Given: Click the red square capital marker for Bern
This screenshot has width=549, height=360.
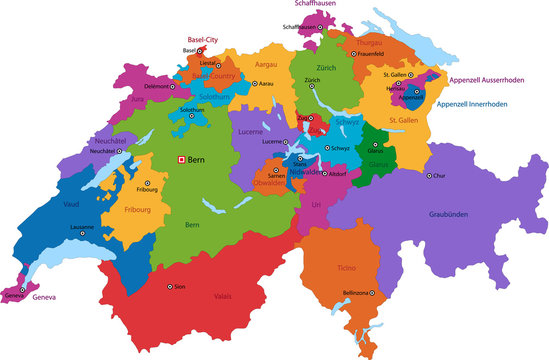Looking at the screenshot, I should tap(181, 159).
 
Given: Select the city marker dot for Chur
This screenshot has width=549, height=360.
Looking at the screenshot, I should tap(430, 175).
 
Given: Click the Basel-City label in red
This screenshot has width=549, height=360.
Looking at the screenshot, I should tap(203, 40).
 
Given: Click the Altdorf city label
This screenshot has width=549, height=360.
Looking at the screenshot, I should tap(338, 173).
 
